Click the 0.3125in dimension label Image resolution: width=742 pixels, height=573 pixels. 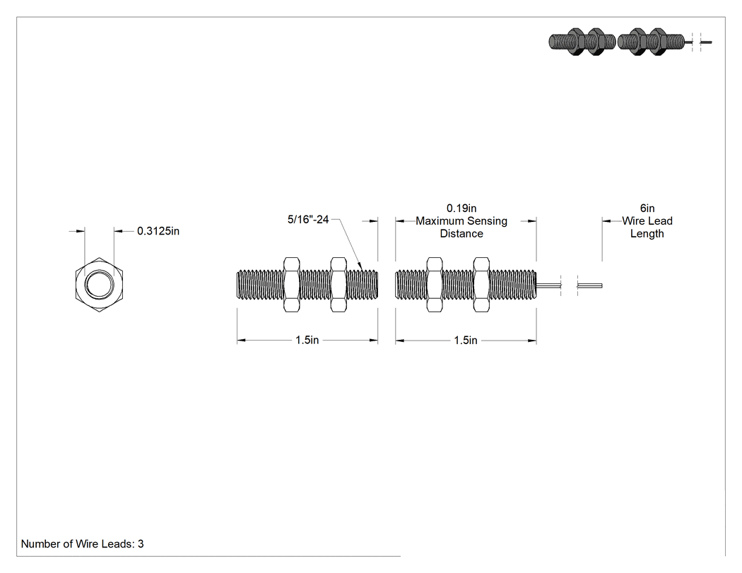158,231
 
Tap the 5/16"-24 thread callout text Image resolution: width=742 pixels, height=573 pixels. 308,220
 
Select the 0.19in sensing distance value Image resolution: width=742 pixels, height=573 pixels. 461,208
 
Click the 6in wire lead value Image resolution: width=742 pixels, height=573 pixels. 647,208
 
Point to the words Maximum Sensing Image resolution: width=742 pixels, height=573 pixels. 461,221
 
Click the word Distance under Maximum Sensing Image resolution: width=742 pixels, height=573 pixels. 461,234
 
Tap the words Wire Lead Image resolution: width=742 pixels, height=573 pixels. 647,221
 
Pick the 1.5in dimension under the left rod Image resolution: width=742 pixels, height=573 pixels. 307,341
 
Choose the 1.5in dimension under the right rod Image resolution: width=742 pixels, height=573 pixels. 466,341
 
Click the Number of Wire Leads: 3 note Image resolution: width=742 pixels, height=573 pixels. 83,544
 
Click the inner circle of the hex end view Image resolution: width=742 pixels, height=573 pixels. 99,285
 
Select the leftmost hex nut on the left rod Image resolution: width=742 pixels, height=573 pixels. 291,284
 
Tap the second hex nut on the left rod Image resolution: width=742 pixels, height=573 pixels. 338,284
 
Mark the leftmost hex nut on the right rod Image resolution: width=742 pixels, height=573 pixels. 435,284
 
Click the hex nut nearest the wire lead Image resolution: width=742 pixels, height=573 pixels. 481,284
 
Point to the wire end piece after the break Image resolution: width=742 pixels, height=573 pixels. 589,285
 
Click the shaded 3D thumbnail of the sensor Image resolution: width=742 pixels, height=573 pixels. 630,42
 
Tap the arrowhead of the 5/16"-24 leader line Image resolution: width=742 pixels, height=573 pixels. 360,267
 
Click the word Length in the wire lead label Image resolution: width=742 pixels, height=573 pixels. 647,234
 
